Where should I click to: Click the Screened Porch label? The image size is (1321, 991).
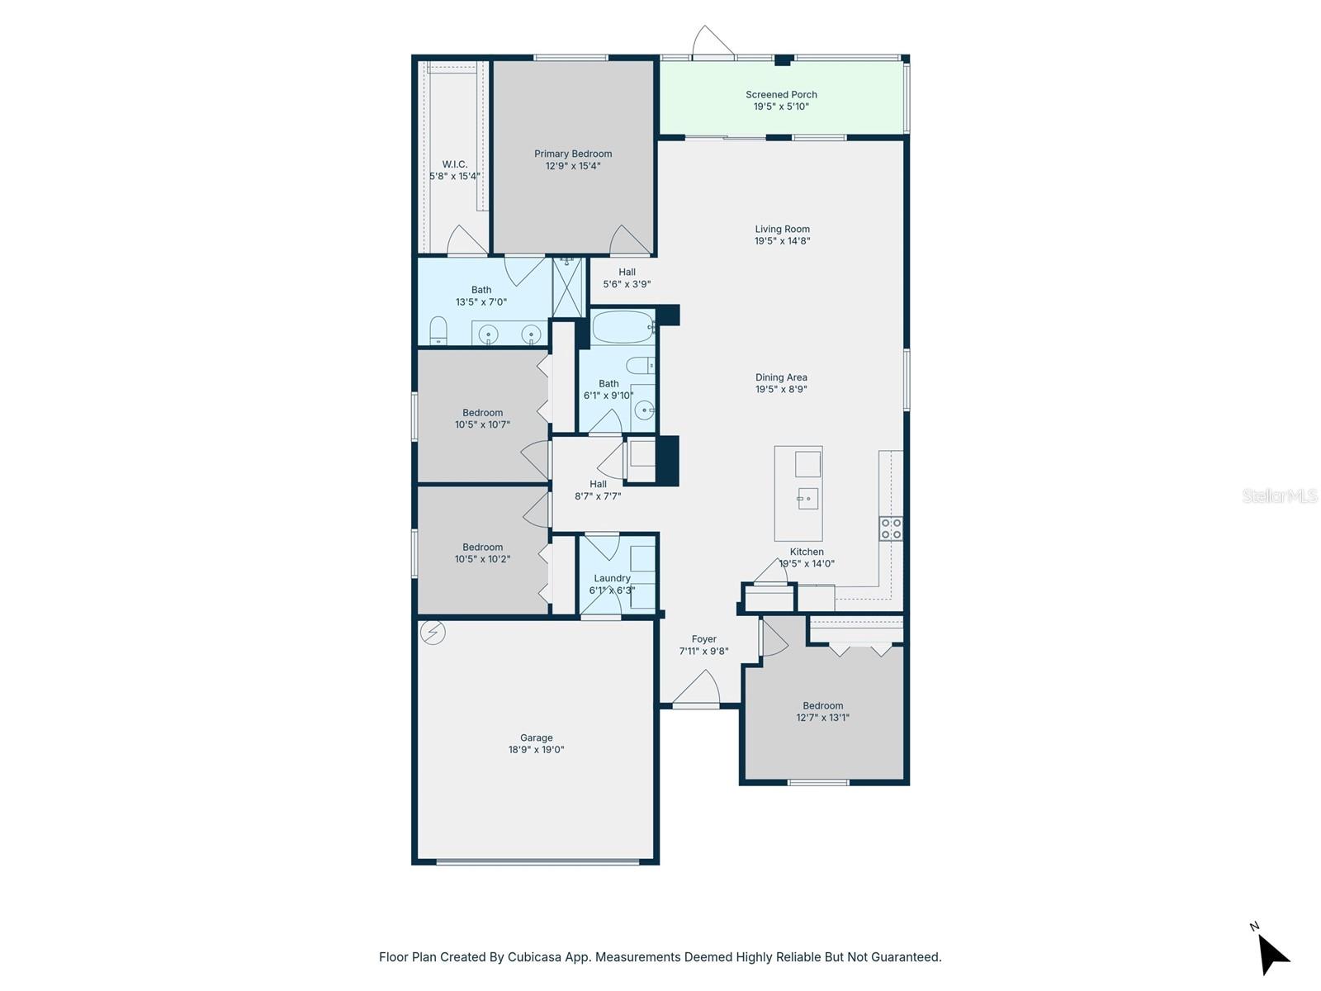pos(781,95)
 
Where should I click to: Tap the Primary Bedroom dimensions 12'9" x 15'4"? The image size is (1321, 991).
pos(573,166)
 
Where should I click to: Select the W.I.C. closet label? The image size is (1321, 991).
pos(454,164)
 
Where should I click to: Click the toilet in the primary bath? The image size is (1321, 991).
pos(438,332)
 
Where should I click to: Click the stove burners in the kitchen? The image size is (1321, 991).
pos(891,529)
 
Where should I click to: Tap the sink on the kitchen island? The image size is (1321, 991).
pos(807,498)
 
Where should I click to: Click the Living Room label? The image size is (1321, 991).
pos(782,230)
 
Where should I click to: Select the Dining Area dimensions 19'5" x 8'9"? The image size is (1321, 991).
pos(781,390)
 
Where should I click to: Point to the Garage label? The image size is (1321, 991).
pos(536,738)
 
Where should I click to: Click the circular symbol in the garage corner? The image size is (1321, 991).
pos(433,633)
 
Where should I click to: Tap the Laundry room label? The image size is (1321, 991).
pos(612,578)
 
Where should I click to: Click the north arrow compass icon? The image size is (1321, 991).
pos(1272,954)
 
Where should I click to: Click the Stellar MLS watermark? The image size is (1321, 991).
pos(1279,495)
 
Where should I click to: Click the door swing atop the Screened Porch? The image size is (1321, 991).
pos(712,43)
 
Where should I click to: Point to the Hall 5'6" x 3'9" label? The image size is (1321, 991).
pos(627,278)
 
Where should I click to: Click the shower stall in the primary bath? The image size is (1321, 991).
pos(567,287)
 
